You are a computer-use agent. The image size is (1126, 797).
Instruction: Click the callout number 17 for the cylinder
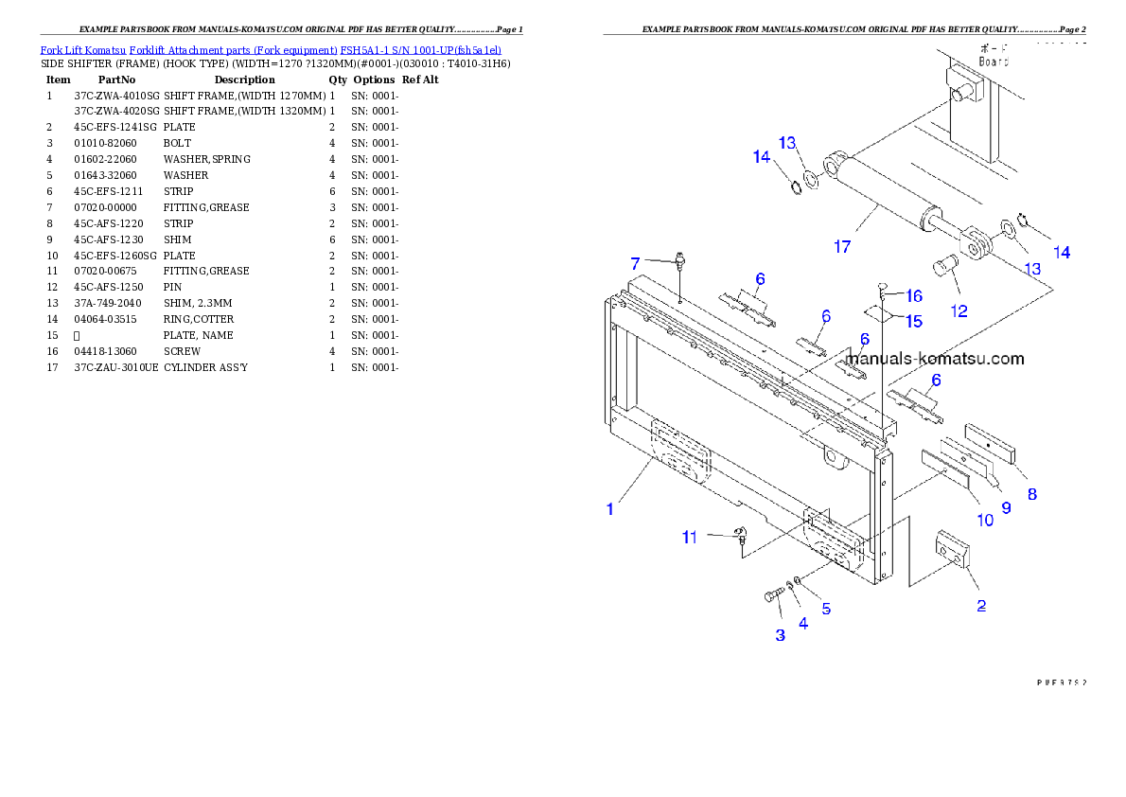(841, 247)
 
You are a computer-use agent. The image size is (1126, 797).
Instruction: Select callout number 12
(959, 310)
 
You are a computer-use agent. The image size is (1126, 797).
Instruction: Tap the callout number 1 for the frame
(610, 508)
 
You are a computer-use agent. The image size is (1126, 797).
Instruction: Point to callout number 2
(981, 606)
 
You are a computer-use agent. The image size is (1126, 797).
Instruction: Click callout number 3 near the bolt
(780, 635)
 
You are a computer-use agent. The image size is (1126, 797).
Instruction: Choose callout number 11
(690, 537)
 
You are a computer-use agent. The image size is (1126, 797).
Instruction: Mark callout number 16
(913, 296)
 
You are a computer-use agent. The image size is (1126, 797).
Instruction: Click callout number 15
(913, 322)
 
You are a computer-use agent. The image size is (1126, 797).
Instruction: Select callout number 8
(1031, 493)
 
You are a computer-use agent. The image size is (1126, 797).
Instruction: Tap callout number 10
(985, 520)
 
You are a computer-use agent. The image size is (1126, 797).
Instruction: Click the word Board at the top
(994, 62)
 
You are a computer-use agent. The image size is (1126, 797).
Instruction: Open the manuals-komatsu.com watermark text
(935, 359)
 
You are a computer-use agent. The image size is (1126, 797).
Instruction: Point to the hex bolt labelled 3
(771, 596)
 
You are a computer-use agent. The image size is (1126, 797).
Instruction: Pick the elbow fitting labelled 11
(740, 537)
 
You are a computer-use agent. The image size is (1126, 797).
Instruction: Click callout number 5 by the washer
(826, 609)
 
